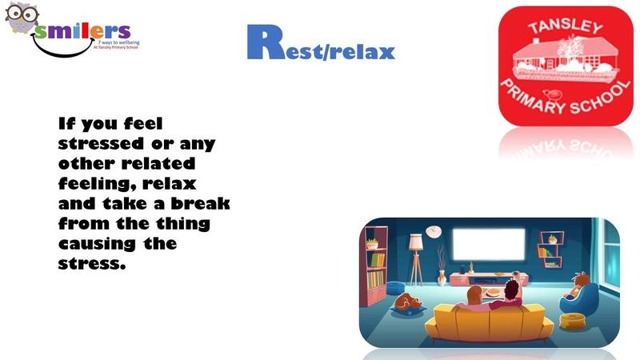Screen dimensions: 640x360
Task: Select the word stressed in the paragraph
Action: pos(102,144)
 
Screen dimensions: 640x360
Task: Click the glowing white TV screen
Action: pos(489,244)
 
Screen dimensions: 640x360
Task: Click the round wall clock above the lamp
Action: pos(433,231)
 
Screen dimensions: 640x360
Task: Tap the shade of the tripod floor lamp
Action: pos(415,242)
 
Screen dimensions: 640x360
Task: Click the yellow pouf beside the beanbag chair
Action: pos(572,321)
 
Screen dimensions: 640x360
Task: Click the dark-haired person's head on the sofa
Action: pos(511,289)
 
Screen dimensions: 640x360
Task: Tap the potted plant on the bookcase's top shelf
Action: pos(372,244)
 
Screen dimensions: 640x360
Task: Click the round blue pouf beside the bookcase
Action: pos(395,288)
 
